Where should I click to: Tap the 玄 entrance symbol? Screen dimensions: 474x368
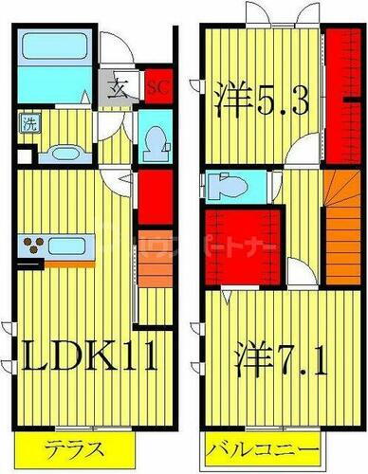pyautogui.click(x=124, y=86)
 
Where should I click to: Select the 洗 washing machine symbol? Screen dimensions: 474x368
pyautogui.click(x=29, y=122)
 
